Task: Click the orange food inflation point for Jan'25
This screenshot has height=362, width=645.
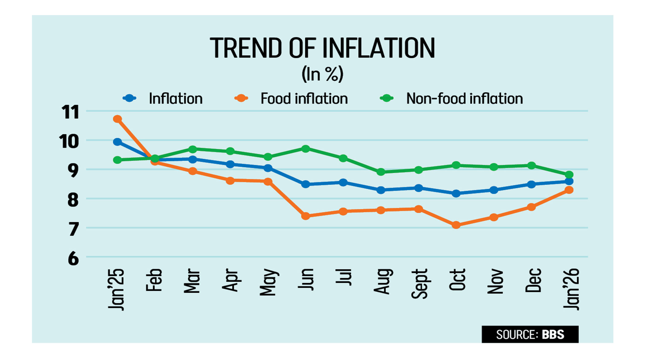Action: [x=117, y=119]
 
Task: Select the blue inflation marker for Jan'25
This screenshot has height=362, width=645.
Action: [x=117, y=142]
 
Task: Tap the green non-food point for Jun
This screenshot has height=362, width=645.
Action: [x=305, y=149]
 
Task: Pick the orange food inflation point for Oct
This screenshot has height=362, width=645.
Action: [x=456, y=225]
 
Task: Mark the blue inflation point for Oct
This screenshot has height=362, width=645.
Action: [x=456, y=193]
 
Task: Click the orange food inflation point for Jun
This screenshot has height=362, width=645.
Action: [x=305, y=216]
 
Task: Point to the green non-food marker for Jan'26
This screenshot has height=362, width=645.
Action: [x=569, y=175]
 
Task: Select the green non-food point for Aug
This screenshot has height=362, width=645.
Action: [x=381, y=172]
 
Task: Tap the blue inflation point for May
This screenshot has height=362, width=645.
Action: [x=268, y=168]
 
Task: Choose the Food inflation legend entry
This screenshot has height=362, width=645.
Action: [x=304, y=99]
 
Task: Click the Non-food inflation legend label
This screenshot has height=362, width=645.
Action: [x=464, y=99]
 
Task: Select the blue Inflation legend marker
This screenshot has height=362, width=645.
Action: [x=130, y=98]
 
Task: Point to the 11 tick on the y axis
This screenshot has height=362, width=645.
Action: [x=70, y=112]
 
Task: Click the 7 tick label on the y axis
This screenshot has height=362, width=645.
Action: [x=73, y=229]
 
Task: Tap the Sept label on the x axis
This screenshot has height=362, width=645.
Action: [x=419, y=284]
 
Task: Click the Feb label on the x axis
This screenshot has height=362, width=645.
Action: [x=154, y=280]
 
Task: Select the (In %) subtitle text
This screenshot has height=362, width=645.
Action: [x=322, y=74]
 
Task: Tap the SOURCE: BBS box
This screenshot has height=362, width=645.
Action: [x=530, y=334]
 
